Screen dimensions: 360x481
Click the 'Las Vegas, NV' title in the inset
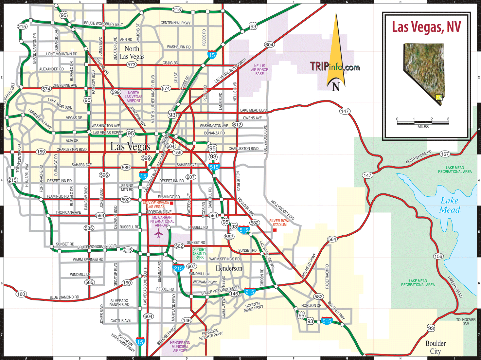[426, 27]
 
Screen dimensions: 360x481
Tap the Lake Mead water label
[450, 205]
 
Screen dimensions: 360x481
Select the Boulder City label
[435, 347]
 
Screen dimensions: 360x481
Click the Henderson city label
[229, 268]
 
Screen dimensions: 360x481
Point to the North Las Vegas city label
[132, 52]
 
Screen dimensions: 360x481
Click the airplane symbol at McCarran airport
[159, 233]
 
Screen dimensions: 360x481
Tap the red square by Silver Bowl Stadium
[275, 230]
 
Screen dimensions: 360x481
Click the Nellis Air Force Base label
[259, 70]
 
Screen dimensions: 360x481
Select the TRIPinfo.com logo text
[335, 67]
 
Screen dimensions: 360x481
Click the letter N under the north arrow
[336, 87]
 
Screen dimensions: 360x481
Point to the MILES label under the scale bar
[423, 127]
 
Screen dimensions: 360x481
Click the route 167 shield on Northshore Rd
[445, 154]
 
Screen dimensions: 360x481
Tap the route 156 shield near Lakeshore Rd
[438, 256]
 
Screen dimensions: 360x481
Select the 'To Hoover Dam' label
[466, 321]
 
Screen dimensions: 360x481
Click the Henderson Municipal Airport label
[180, 347]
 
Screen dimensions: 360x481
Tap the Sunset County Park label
[200, 254]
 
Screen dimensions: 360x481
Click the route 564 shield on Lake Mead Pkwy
[332, 239]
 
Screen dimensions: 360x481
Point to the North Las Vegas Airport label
[134, 97]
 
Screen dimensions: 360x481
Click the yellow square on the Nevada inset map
[439, 97]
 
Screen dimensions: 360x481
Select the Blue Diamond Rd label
[64, 297]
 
